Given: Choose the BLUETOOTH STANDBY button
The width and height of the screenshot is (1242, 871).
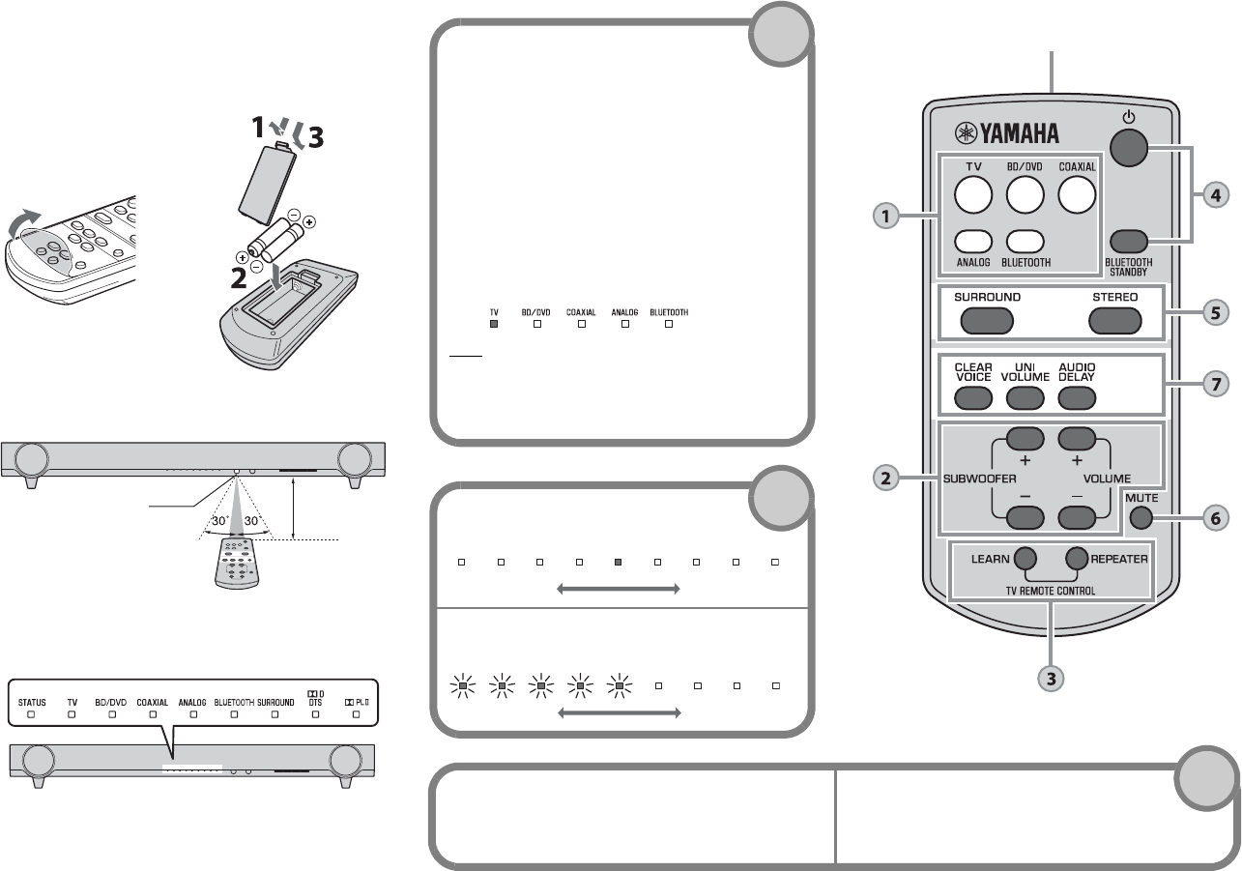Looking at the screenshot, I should [1129, 242].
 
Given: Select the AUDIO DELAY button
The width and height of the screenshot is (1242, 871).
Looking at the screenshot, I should [1077, 397].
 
